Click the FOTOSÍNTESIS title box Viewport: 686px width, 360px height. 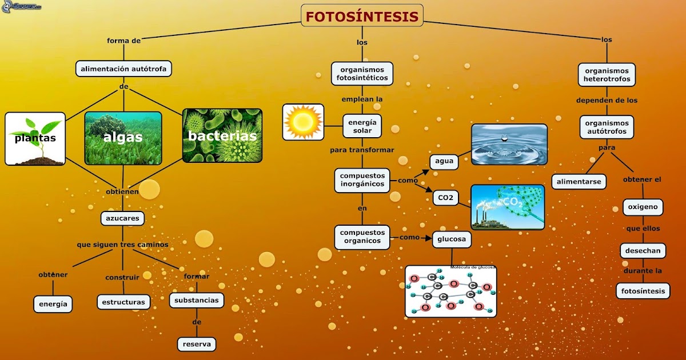(x=362, y=16)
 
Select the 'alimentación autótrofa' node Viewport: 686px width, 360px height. (x=124, y=69)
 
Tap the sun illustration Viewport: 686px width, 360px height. (x=303, y=122)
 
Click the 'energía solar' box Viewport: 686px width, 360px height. (x=362, y=126)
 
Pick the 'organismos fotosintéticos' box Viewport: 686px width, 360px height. (x=362, y=74)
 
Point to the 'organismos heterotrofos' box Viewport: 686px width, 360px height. (x=607, y=75)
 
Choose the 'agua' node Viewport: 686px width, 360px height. (x=444, y=161)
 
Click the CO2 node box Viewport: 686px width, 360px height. (x=445, y=198)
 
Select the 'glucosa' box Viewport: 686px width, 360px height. (x=452, y=239)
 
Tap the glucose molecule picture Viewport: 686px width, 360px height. (x=450, y=291)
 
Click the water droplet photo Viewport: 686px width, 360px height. (x=509, y=145)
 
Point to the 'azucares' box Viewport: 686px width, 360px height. (x=122, y=218)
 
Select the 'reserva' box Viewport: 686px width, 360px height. (x=197, y=344)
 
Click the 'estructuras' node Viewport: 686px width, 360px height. (x=123, y=302)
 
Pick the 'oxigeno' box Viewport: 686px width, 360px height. (x=643, y=207)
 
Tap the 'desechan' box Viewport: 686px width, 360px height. (x=643, y=250)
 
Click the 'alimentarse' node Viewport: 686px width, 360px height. (x=579, y=181)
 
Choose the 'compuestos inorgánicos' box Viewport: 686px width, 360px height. (x=362, y=180)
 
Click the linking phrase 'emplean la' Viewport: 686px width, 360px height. (x=362, y=99)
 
